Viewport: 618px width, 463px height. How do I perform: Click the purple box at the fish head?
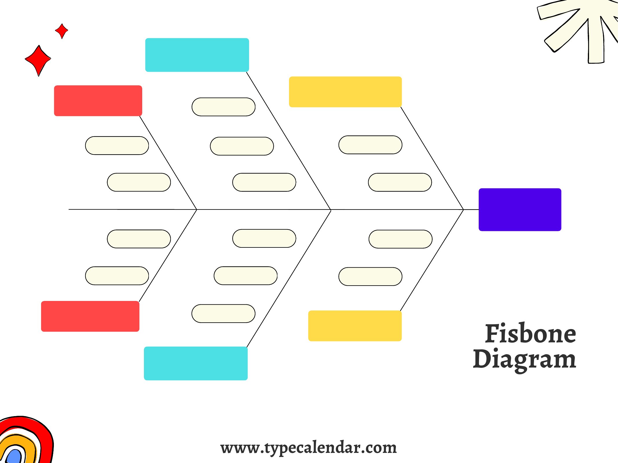520,210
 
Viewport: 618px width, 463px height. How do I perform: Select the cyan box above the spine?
197,55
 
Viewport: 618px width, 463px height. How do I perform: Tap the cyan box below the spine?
196,363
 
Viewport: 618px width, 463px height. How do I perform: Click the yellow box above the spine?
345,92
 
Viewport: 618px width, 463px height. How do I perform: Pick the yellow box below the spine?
355,326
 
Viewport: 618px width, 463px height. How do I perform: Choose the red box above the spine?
98,101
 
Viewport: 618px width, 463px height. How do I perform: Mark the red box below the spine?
90,316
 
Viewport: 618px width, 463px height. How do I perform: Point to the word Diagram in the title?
524,360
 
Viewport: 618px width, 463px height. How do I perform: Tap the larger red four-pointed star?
38,60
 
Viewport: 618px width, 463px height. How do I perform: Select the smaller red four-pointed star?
61,31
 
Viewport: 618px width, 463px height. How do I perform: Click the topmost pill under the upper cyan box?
224,107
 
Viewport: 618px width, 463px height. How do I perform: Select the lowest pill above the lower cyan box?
223,313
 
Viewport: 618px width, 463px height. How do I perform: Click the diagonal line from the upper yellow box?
432,158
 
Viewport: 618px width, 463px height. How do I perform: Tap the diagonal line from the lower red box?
168,256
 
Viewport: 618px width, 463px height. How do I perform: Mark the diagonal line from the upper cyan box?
288,141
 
